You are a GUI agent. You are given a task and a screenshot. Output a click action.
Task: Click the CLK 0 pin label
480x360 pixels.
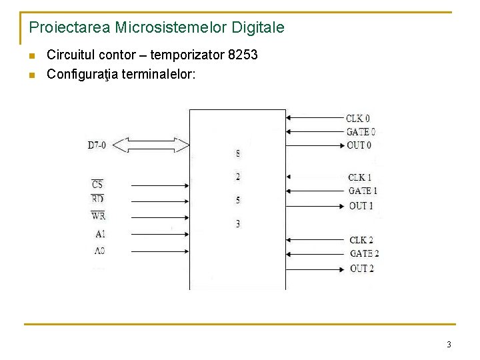(358, 119)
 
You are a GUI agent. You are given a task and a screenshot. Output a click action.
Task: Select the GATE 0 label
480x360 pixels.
(361, 132)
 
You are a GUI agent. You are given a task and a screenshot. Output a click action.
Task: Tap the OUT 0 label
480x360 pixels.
(359, 145)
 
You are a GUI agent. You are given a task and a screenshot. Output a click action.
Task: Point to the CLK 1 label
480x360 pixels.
(360, 177)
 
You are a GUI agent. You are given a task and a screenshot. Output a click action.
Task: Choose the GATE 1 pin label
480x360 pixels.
(363, 191)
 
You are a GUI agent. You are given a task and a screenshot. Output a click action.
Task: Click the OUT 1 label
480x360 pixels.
(361, 205)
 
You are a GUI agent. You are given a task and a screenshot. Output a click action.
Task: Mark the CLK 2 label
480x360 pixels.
(361, 240)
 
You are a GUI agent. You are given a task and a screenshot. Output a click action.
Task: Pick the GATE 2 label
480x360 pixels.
(364, 254)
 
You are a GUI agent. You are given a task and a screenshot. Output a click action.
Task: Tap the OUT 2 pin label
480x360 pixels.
(362, 268)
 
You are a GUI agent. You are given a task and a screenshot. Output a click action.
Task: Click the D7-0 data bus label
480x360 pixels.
(97, 145)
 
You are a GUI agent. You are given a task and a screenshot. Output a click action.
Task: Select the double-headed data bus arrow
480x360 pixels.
(157, 144)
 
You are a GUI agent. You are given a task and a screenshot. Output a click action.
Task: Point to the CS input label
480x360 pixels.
(97, 184)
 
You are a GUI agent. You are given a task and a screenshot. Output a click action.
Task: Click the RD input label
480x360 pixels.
(97, 199)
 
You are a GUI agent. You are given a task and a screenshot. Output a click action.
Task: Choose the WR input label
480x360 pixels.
(98, 215)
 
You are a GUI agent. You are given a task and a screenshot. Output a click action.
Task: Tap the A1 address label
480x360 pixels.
(100, 234)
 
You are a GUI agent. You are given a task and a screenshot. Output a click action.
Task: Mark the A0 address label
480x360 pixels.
(99, 251)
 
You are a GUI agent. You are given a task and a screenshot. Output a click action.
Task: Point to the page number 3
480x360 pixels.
(449, 345)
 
